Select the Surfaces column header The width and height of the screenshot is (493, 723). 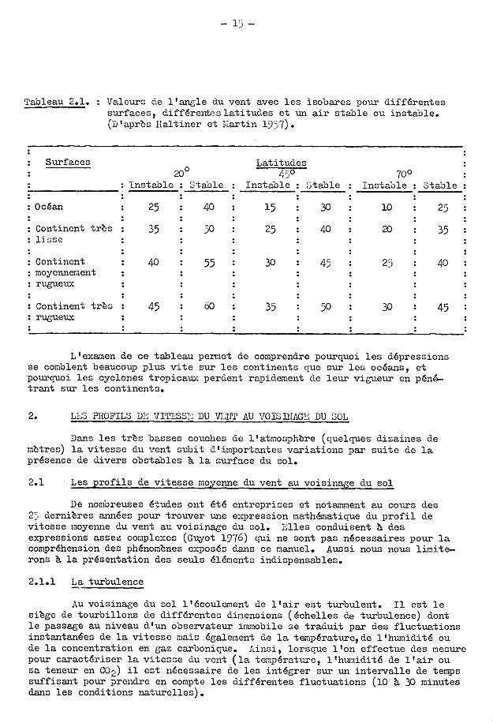[x=67, y=163]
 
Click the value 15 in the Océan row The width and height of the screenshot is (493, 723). [x=271, y=208]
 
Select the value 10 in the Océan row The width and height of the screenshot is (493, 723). [x=387, y=208]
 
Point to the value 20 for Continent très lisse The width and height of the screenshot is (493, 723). [x=387, y=230]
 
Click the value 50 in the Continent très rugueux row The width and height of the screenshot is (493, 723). [x=325, y=307]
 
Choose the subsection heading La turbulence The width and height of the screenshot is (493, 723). [x=106, y=582]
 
